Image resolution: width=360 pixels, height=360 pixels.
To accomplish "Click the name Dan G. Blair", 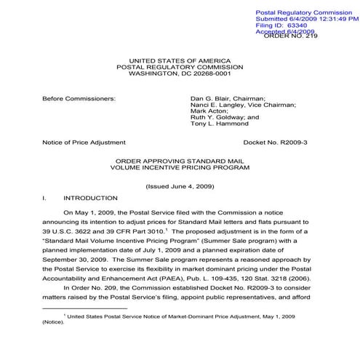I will pos(210,97).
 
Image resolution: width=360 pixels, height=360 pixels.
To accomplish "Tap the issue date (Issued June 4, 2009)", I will pos(180,186).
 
